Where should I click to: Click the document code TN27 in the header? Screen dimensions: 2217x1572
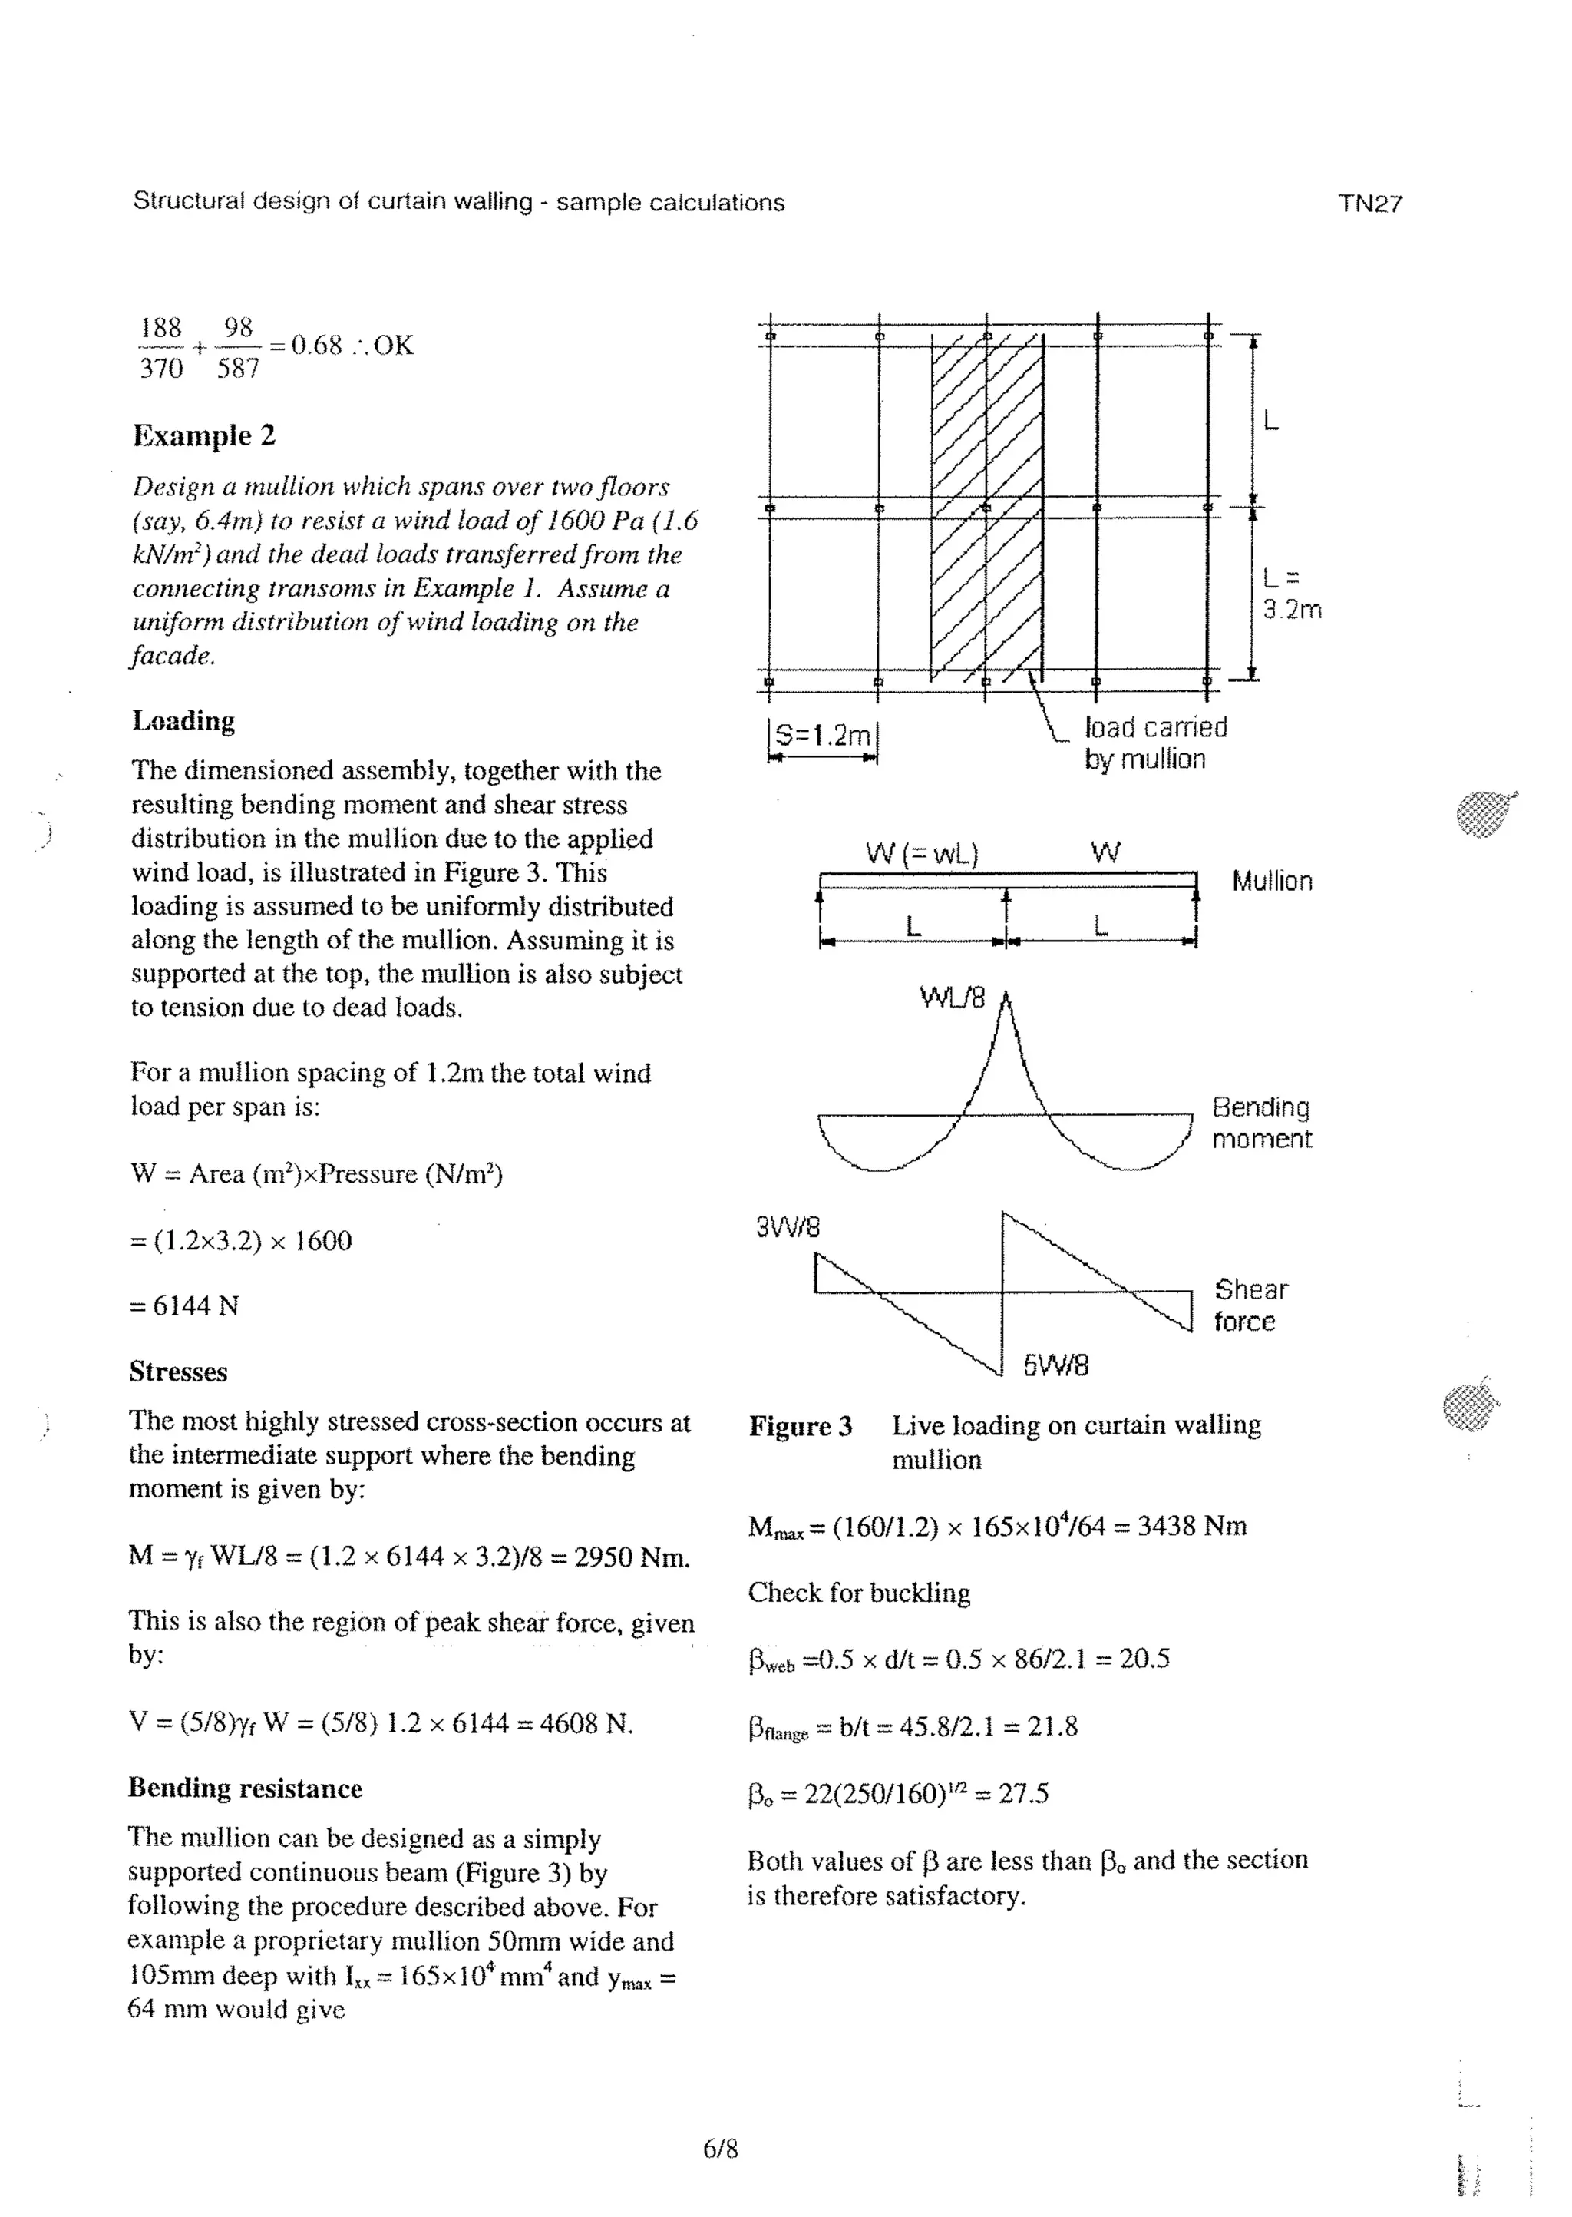click(1369, 204)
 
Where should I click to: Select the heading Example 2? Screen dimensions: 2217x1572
click(204, 435)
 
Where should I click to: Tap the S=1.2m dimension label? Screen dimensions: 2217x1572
click(823, 736)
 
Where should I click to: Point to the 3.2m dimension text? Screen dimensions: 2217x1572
click(1291, 610)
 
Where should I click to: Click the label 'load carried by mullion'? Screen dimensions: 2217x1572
click(1154, 743)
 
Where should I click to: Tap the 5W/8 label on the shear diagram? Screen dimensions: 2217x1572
click(1055, 1365)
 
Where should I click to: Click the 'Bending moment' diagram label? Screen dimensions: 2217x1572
click(1261, 1123)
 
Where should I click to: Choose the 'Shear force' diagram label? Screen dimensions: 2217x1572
click(1250, 1305)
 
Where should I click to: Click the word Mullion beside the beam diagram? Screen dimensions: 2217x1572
click(1272, 881)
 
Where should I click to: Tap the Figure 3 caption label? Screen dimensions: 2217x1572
click(800, 1426)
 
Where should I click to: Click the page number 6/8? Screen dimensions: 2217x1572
click(720, 2149)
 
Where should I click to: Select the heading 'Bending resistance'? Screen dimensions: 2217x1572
click(245, 1788)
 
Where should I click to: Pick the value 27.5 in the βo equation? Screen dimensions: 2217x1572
click(1023, 1794)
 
